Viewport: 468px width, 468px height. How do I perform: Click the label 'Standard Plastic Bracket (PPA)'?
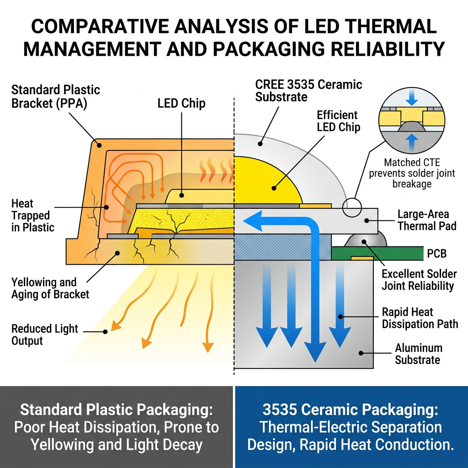click(x=55, y=96)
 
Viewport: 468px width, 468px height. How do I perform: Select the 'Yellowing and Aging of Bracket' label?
click(x=50, y=288)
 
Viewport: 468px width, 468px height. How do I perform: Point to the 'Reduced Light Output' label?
click(x=45, y=335)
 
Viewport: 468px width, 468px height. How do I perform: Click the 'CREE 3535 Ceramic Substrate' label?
click(x=308, y=90)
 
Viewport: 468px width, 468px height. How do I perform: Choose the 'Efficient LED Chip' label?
click(x=338, y=121)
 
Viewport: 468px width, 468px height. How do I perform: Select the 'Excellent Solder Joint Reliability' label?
click(x=419, y=280)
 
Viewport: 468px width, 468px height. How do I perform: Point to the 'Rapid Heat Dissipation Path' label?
click(x=420, y=318)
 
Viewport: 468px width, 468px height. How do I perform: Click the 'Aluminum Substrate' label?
click(x=418, y=354)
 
